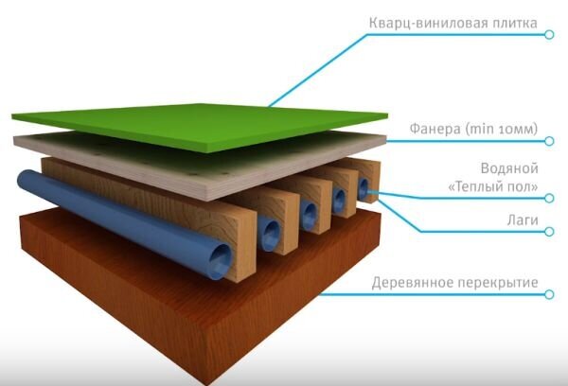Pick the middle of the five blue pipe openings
tap(306, 216)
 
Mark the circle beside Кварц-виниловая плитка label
tap(550, 35)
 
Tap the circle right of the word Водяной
tap(550, 197)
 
